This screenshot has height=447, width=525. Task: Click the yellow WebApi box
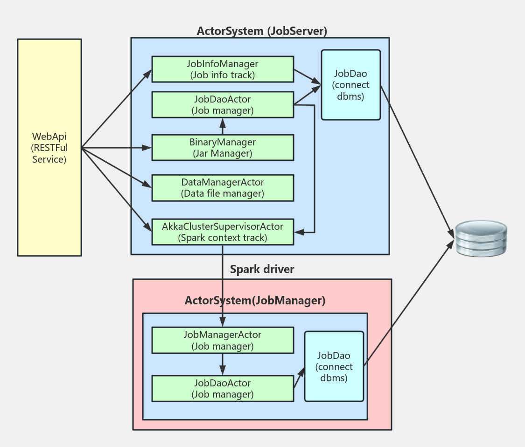tap(49, 147)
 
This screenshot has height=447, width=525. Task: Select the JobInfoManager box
tap(223, 69)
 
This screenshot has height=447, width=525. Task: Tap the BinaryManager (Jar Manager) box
tap(223, 147)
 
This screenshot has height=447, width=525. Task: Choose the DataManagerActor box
tap(223, 187)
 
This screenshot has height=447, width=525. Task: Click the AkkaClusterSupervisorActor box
tap(223, 232)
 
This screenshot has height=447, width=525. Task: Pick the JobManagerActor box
tap(223, 340)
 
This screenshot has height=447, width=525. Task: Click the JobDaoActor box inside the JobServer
tap(223, 104)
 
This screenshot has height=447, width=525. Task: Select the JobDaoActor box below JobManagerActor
tap(223, 388)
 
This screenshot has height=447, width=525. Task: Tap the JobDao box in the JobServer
tap(351, 85)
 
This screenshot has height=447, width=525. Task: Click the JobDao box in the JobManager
tap(334, 366)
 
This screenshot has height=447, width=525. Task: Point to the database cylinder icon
tap(481, 238)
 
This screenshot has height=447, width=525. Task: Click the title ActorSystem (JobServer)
tap(262, 31)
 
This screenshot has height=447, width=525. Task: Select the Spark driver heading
tap(262, 269)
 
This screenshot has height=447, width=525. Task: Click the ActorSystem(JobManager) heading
tap(255, 301)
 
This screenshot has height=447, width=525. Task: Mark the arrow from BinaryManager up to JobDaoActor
tap(223, 126)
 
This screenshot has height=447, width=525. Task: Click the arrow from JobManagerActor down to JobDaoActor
tap(223, 364)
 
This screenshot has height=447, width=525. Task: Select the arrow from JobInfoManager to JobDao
tap(307, 77)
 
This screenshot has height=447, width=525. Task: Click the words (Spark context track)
tap(223, 238)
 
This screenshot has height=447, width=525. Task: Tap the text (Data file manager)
tap(223, 193)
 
